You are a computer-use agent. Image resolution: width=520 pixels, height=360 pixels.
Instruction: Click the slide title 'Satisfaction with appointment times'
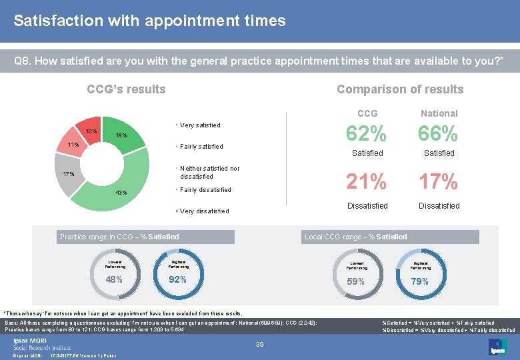(149, 21)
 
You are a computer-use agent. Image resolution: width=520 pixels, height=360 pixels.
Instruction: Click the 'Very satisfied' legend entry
(200, 125)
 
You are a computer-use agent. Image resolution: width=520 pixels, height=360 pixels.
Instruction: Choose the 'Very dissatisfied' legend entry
(204, 211)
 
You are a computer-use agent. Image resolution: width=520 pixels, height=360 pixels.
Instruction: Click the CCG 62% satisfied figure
(367, 135)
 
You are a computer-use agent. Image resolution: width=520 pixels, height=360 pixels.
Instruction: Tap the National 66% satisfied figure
(439, 135)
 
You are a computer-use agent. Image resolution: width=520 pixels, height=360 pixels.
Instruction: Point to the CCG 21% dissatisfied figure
(367, 181)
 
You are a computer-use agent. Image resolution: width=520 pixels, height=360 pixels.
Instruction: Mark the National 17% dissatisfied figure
(439, 181)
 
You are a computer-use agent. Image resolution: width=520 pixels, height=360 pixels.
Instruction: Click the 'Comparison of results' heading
(400, 89)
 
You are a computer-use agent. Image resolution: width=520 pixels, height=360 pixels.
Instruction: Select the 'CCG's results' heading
(127, 89)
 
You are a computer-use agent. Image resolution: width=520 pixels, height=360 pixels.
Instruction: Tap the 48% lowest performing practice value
(114, 279)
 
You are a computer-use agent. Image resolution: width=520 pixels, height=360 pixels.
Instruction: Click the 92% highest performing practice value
(178, 279)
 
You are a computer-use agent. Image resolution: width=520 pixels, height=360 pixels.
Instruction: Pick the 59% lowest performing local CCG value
(356, 281)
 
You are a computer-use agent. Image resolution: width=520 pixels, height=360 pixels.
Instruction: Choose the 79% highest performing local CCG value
(420, 281)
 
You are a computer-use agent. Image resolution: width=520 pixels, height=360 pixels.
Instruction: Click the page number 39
(260, 344)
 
